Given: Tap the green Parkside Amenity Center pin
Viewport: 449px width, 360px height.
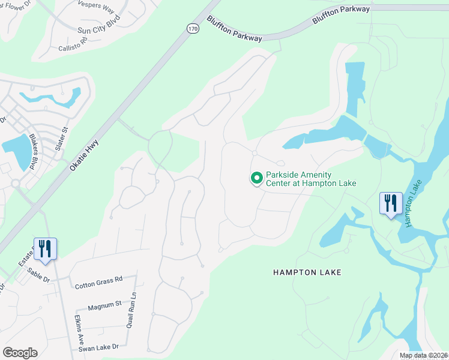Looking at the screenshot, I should (x=256, y=178).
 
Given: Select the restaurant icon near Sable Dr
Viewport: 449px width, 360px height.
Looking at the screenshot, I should (x=45, y=249).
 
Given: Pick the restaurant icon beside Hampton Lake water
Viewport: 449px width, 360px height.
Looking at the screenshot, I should (x=391, y=203).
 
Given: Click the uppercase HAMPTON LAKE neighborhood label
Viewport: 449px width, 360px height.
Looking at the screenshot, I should (x=307, y=272).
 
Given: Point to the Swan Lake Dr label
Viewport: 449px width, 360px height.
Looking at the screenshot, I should (x=99, y=347).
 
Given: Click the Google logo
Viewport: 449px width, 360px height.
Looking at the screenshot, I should (x=20, y=353).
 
